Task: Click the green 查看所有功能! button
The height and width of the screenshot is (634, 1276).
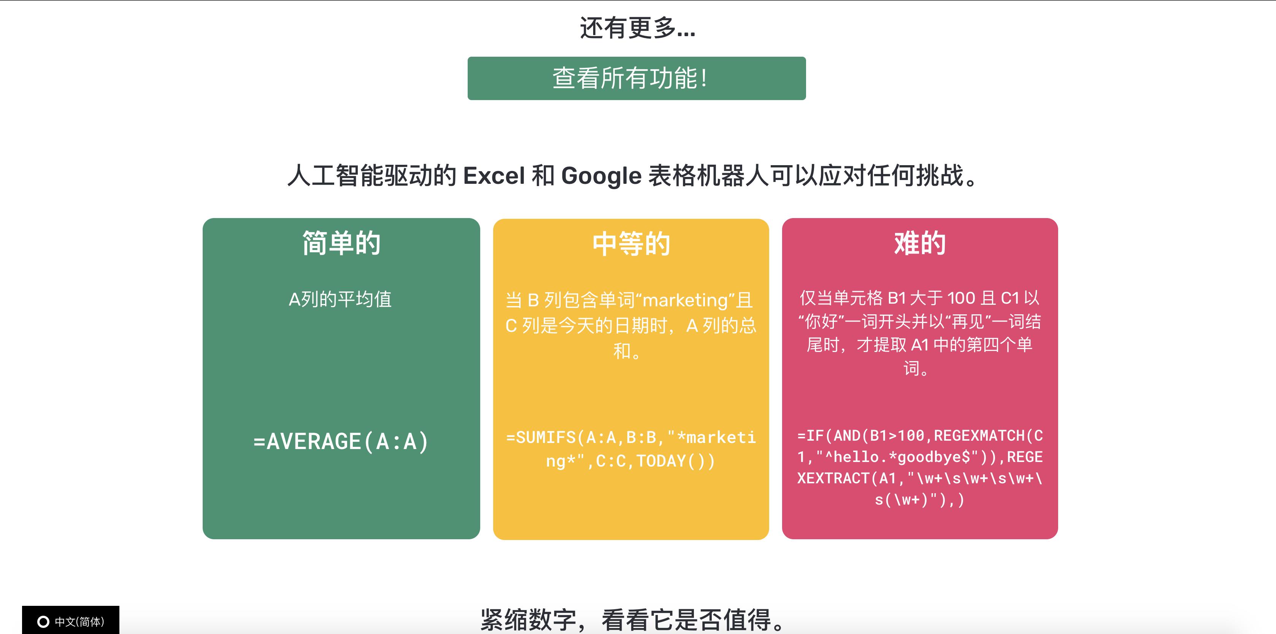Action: click(636, 78)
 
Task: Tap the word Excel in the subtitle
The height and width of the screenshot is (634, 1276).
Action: click(494, 176)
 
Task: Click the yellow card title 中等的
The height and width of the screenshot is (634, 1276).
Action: click(631, 244)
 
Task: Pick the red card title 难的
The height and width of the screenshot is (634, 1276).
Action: click(920, 244)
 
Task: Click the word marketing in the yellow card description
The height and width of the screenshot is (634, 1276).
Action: click(685, 300)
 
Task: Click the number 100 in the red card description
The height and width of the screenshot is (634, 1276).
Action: click(961, 298)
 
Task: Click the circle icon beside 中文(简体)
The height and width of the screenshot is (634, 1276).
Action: click(44, 621)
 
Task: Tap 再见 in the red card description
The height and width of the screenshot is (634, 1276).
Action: click(968, 322)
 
